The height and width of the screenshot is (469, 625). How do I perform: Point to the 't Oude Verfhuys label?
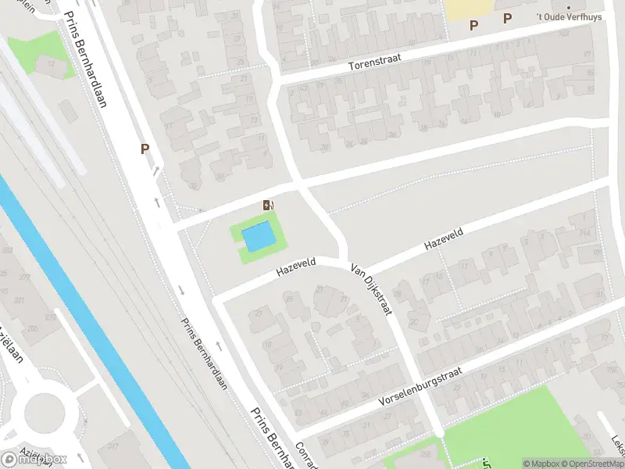(568, 17)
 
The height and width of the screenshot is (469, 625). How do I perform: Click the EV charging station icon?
(269, 206)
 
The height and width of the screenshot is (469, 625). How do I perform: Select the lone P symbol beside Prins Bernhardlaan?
(145, 149)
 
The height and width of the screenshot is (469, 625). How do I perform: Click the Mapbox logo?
(34, 459)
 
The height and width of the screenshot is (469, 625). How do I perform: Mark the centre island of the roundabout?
(49, 411)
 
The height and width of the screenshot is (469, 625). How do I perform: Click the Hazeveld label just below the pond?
(295, 268)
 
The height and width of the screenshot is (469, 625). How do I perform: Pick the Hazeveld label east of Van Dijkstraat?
(444, 239)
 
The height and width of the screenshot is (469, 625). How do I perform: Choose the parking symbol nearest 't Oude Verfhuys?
(508, 18)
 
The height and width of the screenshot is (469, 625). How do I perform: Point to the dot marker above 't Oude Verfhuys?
(569, 6)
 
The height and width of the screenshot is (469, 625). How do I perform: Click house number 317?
(113, 446)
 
